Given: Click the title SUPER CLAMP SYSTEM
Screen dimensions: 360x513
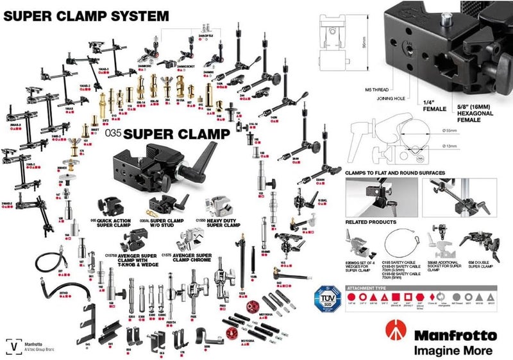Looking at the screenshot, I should click(87, 14).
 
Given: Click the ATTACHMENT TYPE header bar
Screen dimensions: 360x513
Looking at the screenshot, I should click(404, 289).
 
